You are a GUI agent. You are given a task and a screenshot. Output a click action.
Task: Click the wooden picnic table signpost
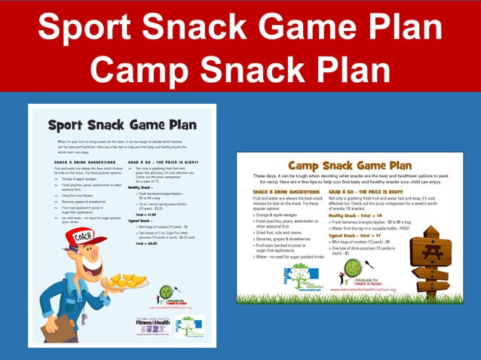click(434, 260)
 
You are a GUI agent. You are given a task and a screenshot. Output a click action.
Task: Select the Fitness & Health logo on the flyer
click(147, 325)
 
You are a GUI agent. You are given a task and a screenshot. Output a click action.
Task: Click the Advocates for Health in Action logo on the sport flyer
click(167, 294)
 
